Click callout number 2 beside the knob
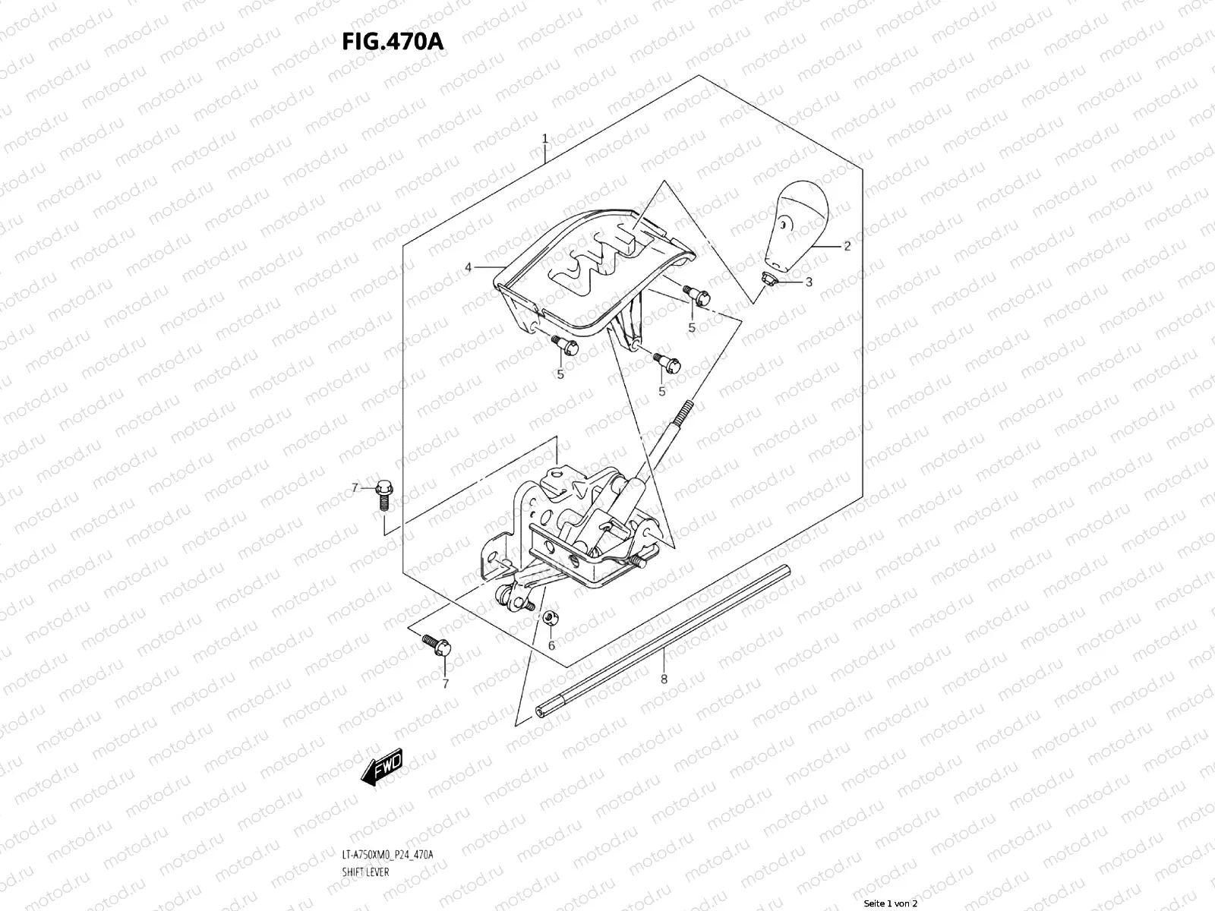coord(847,246)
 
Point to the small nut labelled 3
coord(768,279)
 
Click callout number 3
coord(809,282)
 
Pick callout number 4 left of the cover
coord(469,267)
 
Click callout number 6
coord(551,645)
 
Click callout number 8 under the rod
coord(664,679)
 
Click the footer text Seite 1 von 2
coord(891,903)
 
